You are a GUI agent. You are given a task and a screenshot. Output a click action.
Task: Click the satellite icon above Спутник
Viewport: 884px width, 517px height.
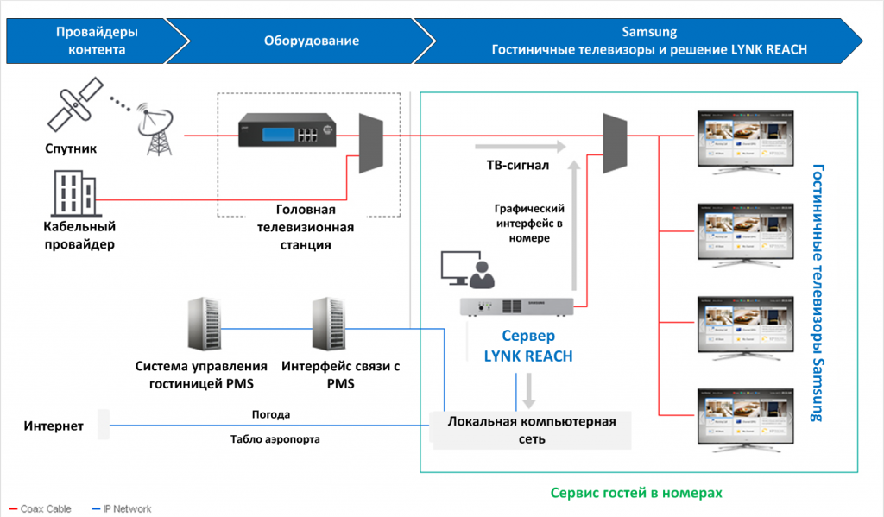pyautogui.click(x=75, y=106)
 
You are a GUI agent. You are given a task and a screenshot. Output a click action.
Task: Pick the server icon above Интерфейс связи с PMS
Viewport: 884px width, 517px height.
pyautogui.click(x=328, y=325)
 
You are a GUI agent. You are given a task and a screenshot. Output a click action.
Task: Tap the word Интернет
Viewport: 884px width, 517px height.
pyautogui.click(x=54, y=426)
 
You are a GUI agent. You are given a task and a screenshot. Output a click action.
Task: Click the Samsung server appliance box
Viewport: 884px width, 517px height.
pyautogui.click(x=515, y=306)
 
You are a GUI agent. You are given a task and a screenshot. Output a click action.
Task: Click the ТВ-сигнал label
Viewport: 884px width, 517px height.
pyautogui.click(x=512, y=165)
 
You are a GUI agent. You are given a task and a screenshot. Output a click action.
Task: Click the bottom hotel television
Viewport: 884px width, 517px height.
pyautogui.click(x=743, y=418)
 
